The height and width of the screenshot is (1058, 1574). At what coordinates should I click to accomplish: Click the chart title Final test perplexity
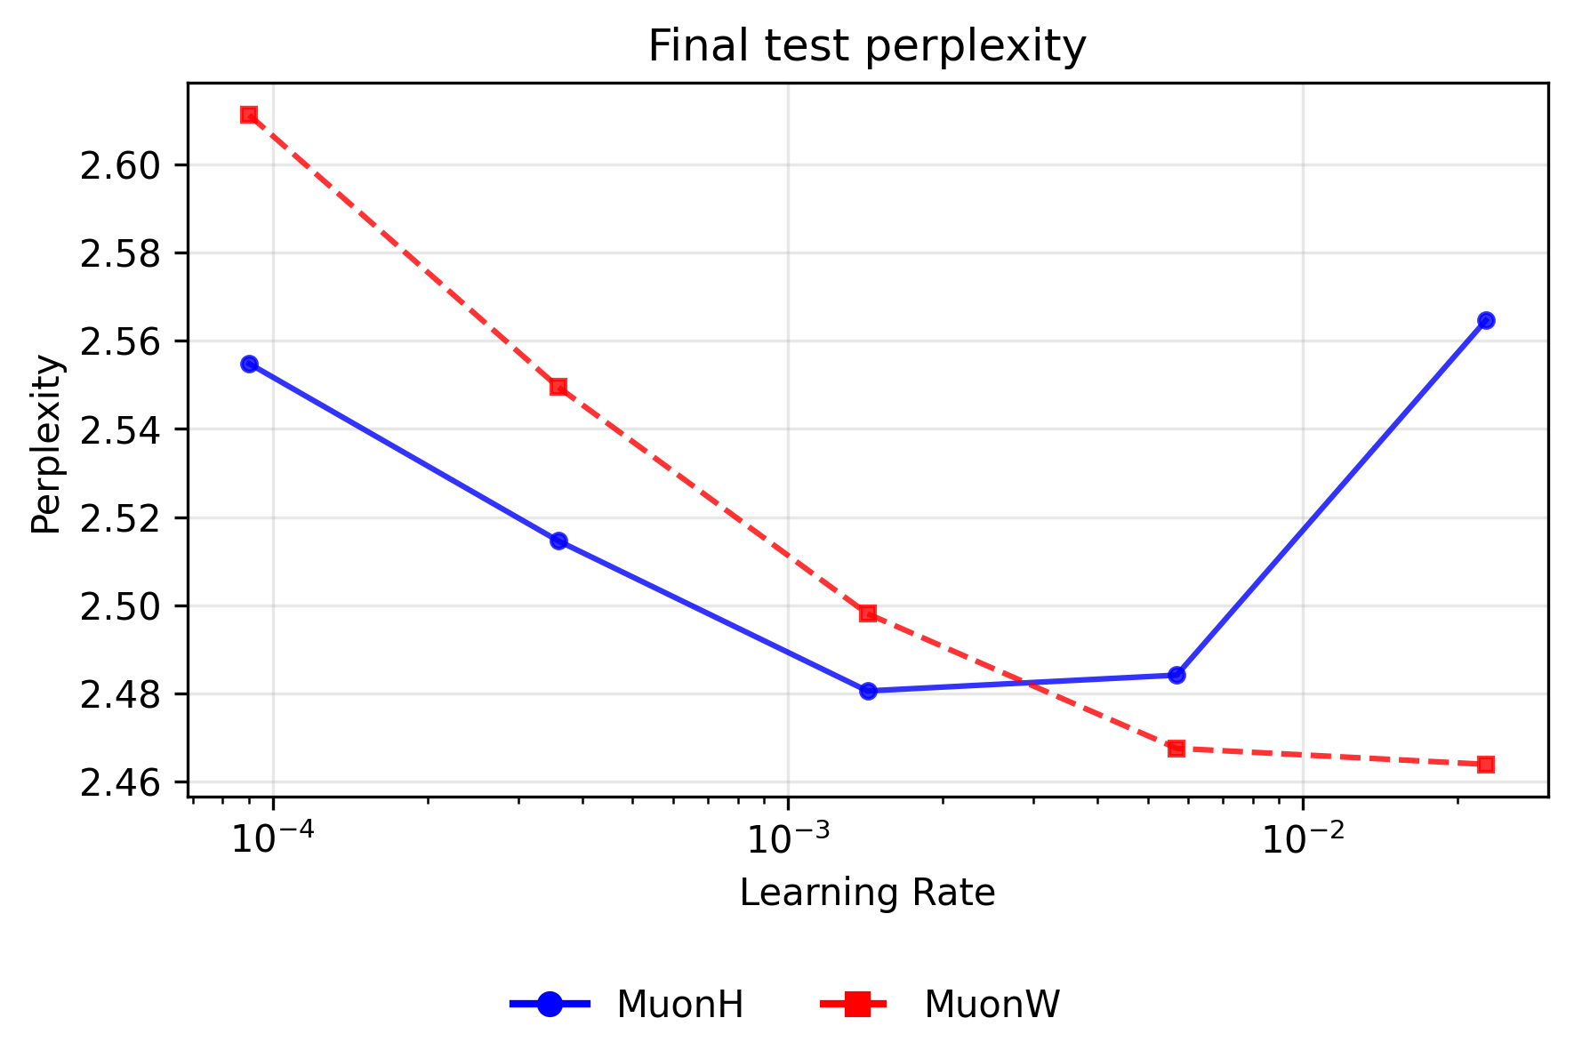click(x=866, y=46)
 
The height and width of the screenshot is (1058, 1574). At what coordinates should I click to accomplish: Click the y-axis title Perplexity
click(x=45, y=445)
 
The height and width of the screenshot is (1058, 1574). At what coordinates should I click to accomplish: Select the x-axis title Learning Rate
click(x=866, y=893)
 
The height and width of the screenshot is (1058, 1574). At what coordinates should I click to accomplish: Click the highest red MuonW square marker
click(x=249, y=115)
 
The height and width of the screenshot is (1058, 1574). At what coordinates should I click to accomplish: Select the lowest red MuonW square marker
click(x=1485, y=765)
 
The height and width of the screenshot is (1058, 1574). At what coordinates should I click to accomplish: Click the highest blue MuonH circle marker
click(x=1485, y=320)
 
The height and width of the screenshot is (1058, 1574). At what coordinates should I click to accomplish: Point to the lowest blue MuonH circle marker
click(x=868, y=691)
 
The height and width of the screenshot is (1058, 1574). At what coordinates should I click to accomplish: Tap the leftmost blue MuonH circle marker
click(x=249, y=364)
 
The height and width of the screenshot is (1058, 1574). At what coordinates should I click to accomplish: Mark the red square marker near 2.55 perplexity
click(x=558, y=387)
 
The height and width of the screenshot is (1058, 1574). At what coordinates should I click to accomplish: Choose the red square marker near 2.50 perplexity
click(x=868, y=613)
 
